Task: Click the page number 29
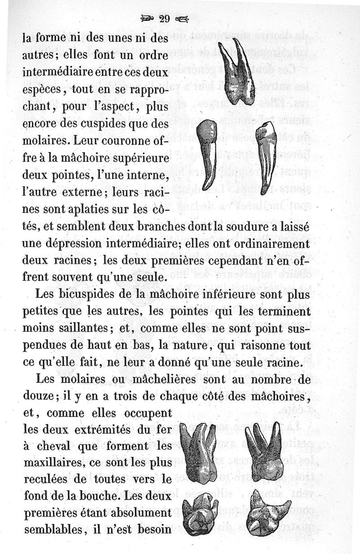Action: tap(163, 18)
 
